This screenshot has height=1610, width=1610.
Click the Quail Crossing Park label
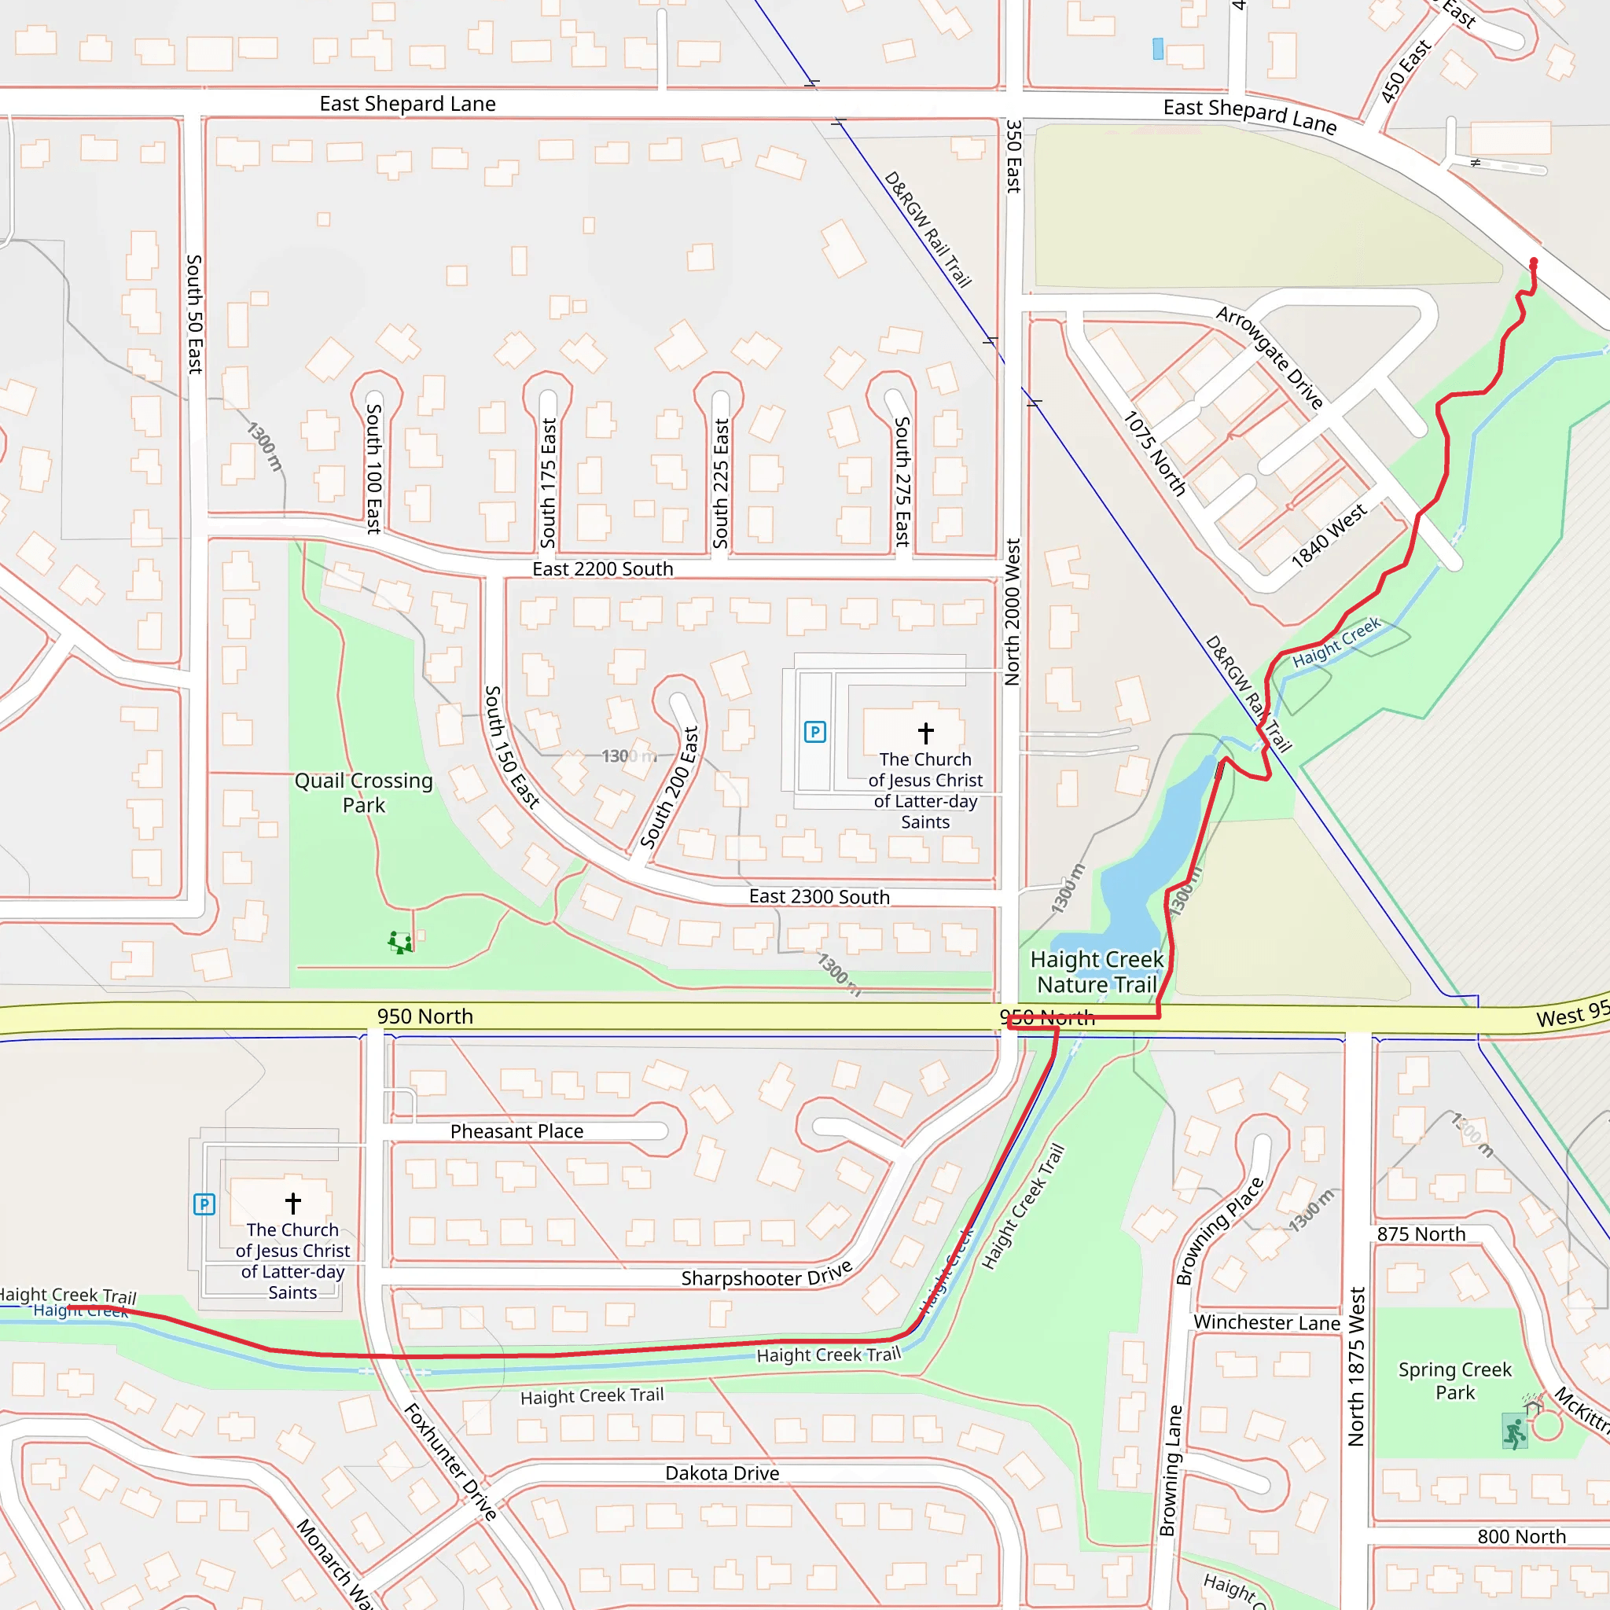363,792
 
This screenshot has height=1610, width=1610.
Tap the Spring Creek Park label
1454,1380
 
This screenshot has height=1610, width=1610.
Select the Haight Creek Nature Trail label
1097,972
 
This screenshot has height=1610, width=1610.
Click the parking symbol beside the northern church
814,733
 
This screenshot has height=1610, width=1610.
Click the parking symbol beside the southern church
204,1204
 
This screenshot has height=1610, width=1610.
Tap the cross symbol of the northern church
926,733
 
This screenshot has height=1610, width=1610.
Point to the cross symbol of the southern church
292,1204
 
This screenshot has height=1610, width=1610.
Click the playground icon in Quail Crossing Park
400,943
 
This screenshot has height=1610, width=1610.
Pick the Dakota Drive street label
722,1473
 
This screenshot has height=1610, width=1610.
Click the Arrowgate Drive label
1269,358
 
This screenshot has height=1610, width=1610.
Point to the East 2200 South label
602,569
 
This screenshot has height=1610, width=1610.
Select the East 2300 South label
819,897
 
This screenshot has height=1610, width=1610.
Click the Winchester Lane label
1266,1322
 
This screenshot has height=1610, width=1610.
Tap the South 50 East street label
194,314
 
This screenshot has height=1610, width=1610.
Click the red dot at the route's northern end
1533,263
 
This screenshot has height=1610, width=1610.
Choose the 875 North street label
1421,1234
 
